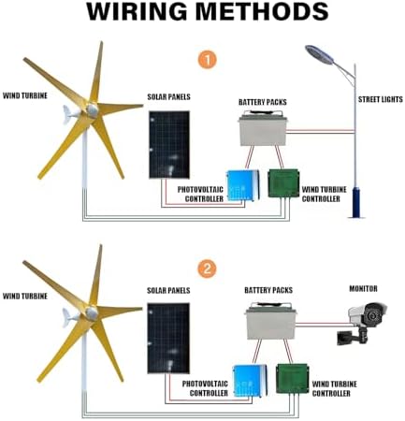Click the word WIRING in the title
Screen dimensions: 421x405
click(138, 13)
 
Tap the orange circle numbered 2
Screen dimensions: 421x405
click(209, 268)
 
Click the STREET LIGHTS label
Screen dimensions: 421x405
click(380, 98)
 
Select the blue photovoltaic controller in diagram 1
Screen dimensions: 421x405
click(240, 184)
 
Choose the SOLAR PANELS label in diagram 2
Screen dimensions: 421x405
click(170, 291)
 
